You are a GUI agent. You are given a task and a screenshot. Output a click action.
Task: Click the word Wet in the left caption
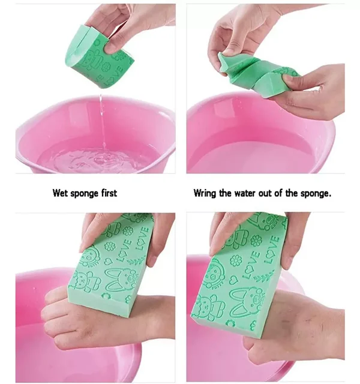click(x=61, y=193)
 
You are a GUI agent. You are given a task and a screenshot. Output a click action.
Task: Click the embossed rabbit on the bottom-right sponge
click(x=248, y=302)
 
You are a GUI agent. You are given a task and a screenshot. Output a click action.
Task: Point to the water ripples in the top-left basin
click(x=98, y=158)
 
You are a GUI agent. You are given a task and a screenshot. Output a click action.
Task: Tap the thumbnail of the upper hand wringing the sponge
click(x=227, y=50)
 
